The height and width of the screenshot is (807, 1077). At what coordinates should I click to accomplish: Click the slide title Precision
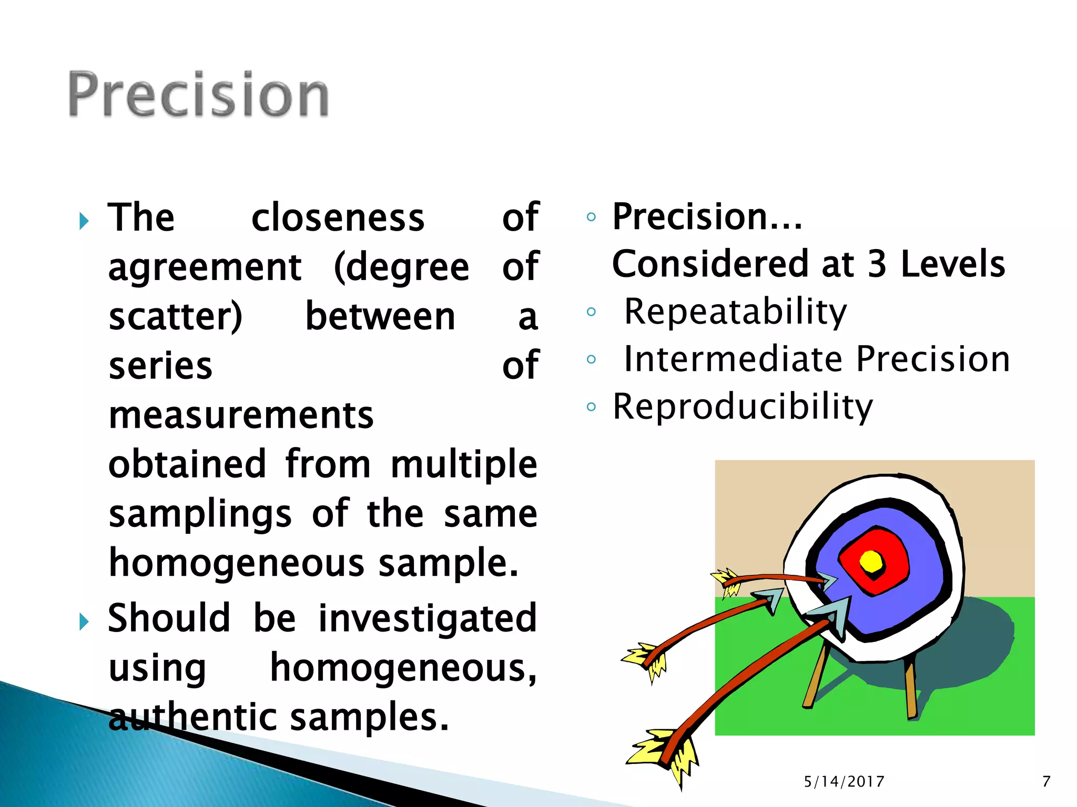click(x=198, y=95)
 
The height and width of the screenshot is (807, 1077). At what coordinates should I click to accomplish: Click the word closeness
click(x=338, y=218)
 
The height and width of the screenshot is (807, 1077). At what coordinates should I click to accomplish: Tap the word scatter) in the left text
click(x=175, y=317)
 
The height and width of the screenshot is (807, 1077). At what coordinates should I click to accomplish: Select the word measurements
click(x=241, y=415)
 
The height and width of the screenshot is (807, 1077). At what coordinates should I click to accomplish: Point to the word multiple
click(x=464, y=464)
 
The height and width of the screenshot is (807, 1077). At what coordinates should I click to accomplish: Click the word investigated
click(x=428, y=618)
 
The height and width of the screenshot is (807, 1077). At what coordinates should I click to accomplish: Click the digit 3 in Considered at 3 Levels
click(x=877, y=264)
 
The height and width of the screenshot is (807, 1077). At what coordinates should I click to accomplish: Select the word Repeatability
click(x=735, y=312)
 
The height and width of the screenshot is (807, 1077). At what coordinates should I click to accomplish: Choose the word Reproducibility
click(x=743, y=407)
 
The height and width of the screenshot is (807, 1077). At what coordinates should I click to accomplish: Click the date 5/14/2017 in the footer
click(x=844, y=782)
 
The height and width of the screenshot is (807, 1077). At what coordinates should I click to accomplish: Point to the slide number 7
click(x=1046, y=782)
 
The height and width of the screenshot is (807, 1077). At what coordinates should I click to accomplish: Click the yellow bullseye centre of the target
click(x=871, y=562)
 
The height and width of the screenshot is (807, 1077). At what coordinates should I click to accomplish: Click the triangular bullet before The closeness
click(x=84, y=221)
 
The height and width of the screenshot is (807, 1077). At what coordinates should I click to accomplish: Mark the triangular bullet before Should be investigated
click(x=84, y=622)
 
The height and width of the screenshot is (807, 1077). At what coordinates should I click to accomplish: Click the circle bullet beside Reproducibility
click(x=591, y=407)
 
